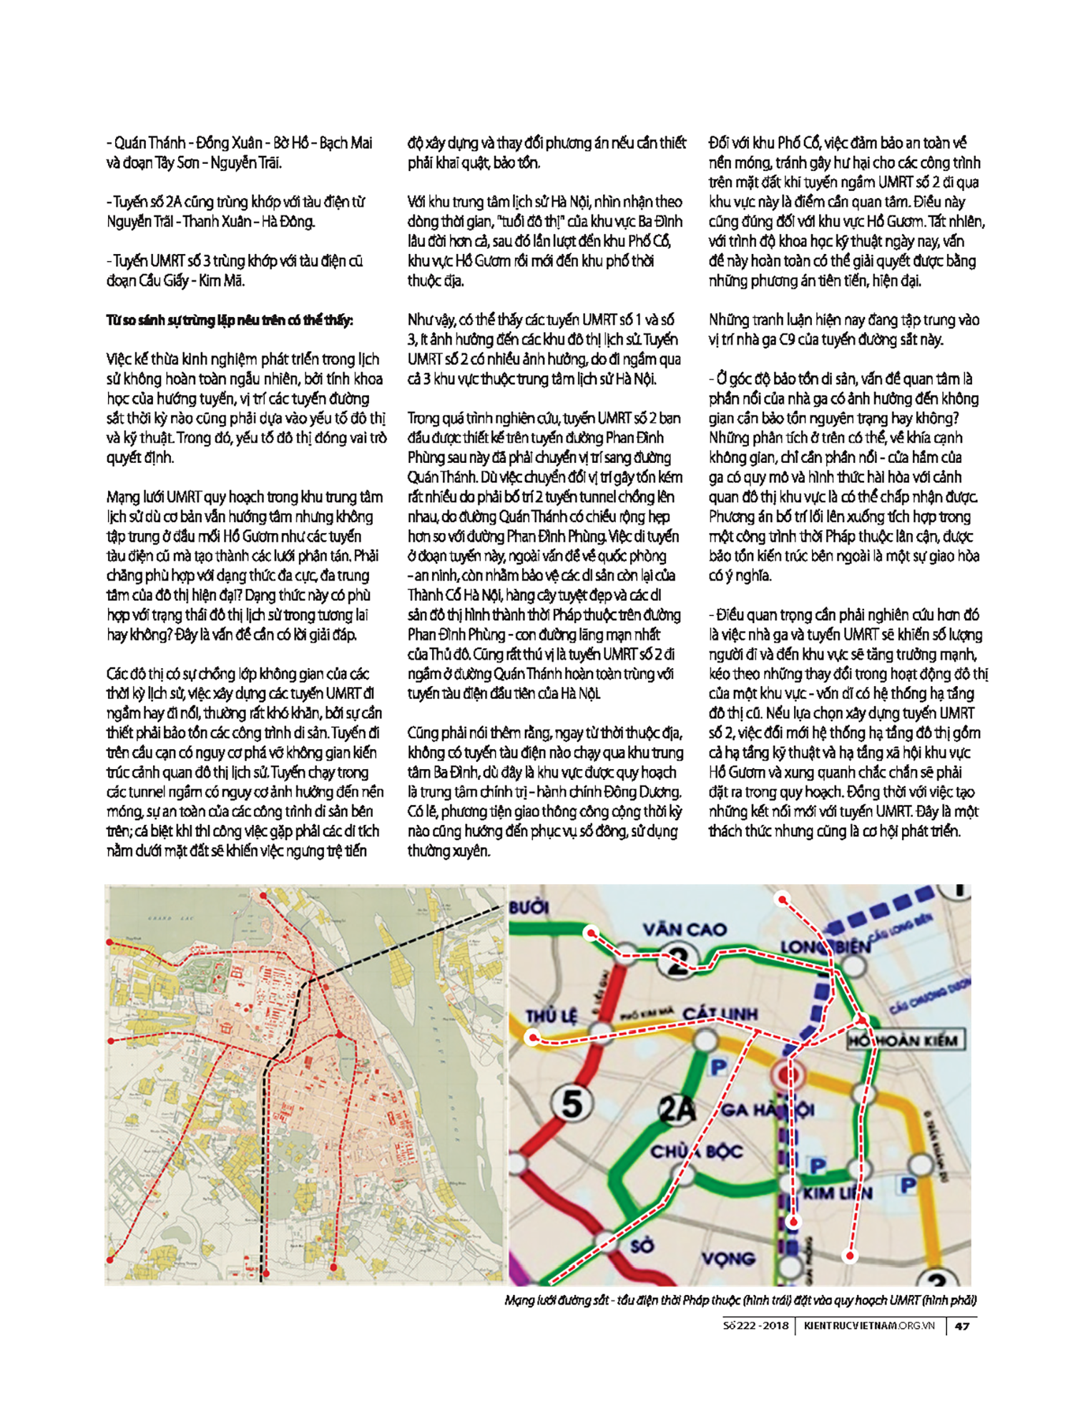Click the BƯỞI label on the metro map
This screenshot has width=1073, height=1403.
[529, 908]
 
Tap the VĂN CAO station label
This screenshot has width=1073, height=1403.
[684, 929]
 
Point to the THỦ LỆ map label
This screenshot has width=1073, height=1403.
[551, 1016]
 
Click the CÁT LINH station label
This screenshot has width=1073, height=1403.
[720, 1014]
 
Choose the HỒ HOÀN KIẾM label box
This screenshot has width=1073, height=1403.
[905, 1040]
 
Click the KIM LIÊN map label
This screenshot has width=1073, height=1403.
[838, 1193]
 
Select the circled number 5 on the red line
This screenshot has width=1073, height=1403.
[572, 1104]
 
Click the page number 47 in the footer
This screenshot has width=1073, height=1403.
[962, 1326]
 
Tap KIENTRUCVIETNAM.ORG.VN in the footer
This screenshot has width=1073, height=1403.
[869, 1326]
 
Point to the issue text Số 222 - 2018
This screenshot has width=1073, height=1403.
[755, 1326]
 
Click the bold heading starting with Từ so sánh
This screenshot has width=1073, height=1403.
[230, 320]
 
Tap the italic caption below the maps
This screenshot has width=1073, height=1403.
[740, 1300]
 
